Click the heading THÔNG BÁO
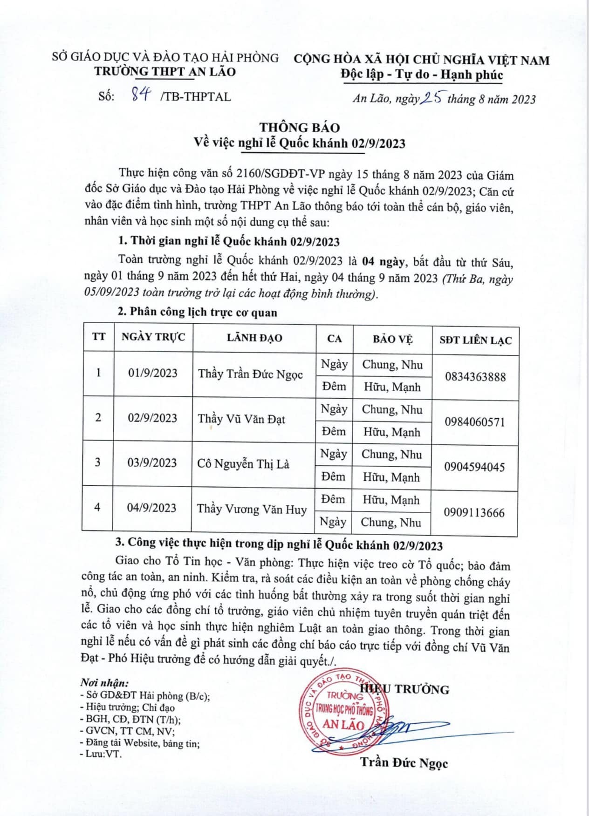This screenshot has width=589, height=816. (300, 127)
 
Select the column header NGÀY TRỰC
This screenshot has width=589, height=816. (153, 337)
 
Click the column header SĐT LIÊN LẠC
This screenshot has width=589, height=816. (475, 340)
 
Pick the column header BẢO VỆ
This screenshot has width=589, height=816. (392, 339)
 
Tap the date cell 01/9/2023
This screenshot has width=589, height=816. (153, 373)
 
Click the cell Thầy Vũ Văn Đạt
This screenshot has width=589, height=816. (241, 419)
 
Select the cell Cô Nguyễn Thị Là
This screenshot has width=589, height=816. (243, 464)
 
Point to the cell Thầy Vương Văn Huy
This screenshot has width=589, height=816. (252, 509)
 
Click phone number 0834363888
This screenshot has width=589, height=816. (475, 377)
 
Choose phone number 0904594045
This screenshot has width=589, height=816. (474, 467)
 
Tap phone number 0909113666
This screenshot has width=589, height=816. (474, 512)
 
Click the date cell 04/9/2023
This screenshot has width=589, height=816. (152, 508)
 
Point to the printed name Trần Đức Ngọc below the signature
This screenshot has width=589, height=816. (404, 763)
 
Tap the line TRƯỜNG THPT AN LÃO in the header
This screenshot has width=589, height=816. (165, 71)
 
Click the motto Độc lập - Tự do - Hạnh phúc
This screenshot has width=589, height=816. (422, 75)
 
